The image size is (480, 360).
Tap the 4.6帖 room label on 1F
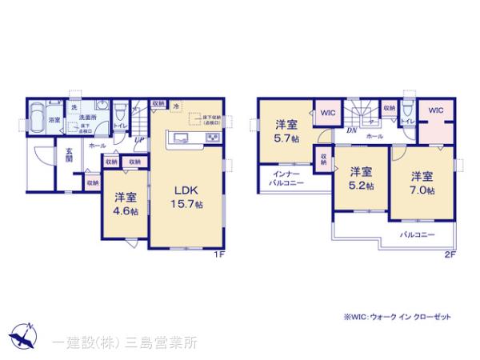tap(123, 204)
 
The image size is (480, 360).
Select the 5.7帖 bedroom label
tap(287, 131)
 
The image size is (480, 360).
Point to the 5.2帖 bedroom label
tap(361, 178)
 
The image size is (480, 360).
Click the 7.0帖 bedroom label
tap(423, 183)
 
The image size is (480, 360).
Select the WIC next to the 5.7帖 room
tap(328, 113)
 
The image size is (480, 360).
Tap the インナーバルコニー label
tap(286, 178)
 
